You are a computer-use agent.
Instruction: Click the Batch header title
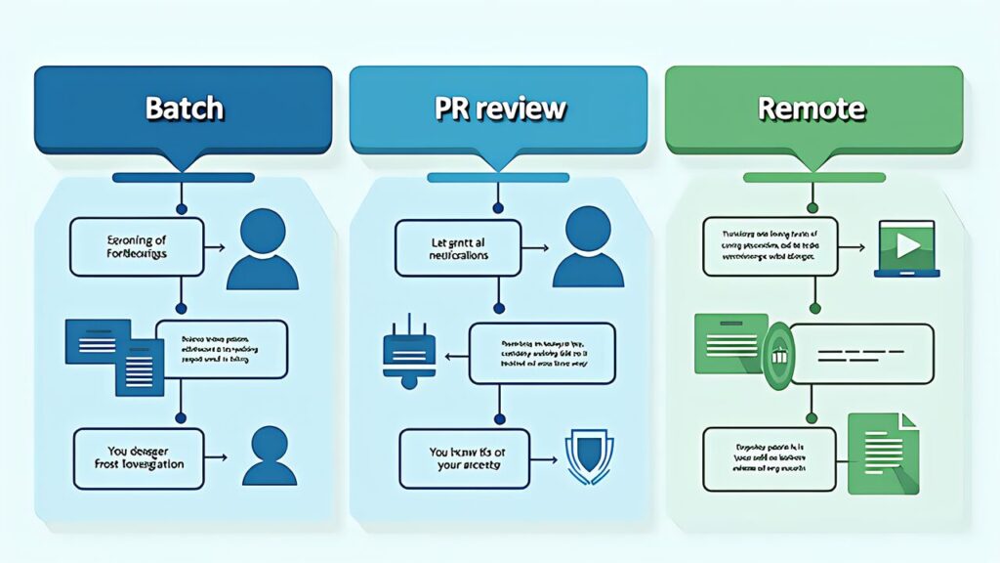tap(184, 108)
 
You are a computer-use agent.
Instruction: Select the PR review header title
tap(499, 108)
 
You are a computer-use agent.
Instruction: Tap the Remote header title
tap(812, 108)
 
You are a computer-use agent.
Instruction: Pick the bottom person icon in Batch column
tap(269, 456)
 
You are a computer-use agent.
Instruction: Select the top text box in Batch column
tap(137, 246)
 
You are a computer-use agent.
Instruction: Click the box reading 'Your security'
tap(465, 458)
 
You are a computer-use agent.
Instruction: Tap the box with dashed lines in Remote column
tap(860, 353)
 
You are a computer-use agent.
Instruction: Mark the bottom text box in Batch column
tap(139, 457)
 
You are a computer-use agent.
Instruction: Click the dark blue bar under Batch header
tap(183, 178)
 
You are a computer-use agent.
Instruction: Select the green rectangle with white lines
tap(727, 343)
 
